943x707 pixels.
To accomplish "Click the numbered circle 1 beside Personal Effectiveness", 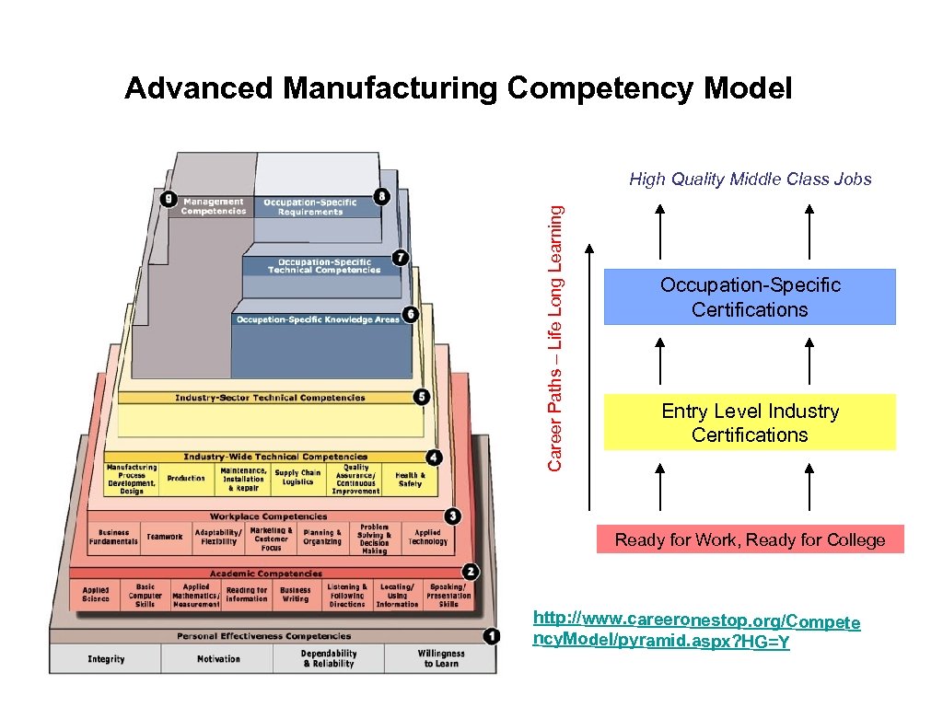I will pos(492,636).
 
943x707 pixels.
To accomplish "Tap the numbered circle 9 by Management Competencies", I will pos(168,198).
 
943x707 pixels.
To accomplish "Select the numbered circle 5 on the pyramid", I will pos(422,397).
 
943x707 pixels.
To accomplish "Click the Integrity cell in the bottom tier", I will pos(106,659).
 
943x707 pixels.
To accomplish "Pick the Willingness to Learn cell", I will pos(440,658).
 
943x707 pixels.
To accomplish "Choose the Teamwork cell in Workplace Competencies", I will pos(165,537).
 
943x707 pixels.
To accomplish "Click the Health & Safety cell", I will pos(410,479).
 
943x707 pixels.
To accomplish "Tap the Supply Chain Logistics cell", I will pos(298,477).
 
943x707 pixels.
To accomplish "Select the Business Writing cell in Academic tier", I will pos(296,595).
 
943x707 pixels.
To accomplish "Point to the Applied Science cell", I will pos(95,595).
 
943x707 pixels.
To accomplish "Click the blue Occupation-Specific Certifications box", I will pos(750,297).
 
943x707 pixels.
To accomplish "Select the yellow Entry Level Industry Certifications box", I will pos(750,423).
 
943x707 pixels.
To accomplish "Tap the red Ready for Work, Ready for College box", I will pos(750,539).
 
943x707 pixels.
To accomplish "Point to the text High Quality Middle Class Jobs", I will pos(750,180).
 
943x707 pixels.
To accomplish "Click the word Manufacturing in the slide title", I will pos(390,88).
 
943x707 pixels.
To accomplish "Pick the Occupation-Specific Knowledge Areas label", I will pos(317,319).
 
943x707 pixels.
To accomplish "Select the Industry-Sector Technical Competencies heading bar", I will pos(270,398).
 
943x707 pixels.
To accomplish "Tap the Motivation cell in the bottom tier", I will pos(218,659).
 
